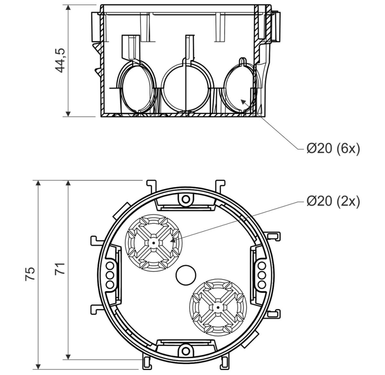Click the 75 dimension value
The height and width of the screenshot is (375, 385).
[x=30, y=274]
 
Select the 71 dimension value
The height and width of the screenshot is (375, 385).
[x=60, y=268]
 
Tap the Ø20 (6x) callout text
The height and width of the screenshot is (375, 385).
[x=333, y=149]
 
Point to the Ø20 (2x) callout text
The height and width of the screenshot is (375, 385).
[x=333, y=201]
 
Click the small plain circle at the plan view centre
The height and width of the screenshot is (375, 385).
[x=185, y=274]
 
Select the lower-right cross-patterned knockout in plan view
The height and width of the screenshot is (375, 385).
[x=218, y=307]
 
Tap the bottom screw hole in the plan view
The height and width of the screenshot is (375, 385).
[x=185, y=349]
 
